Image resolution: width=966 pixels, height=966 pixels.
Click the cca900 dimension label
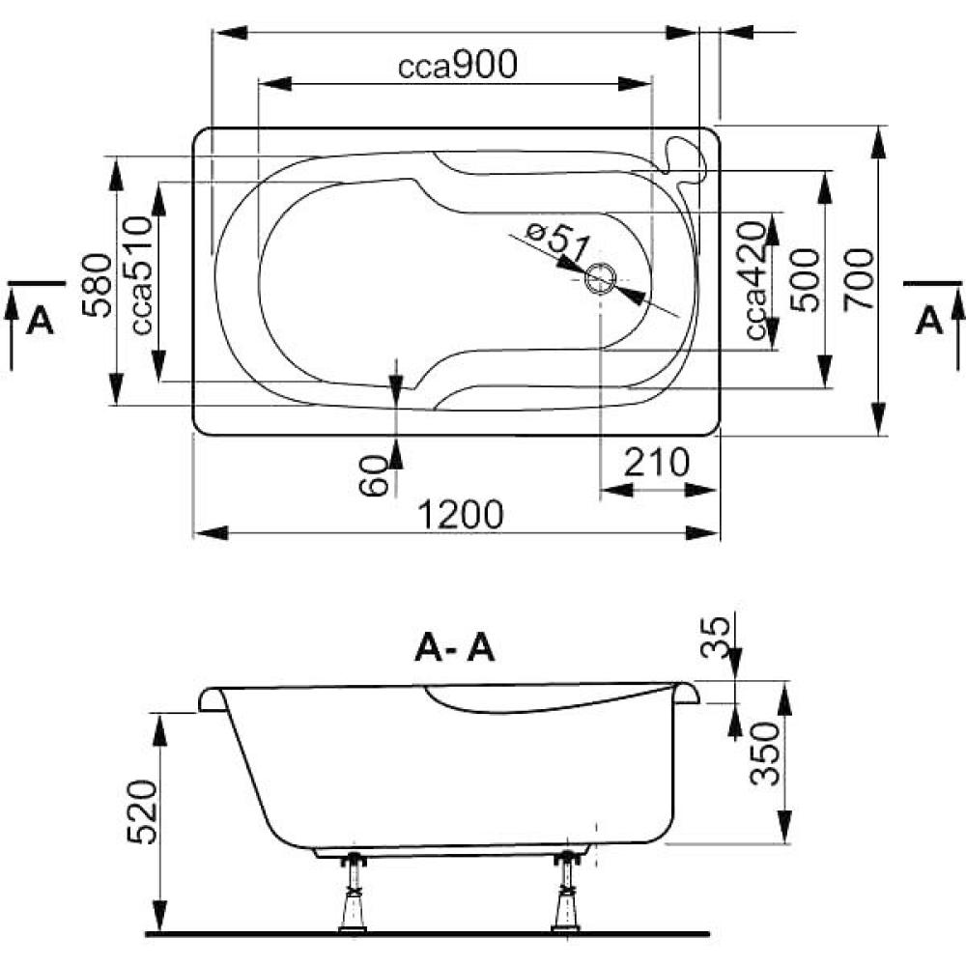coord(457,65)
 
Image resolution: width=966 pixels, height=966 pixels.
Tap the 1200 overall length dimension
coord(461,515)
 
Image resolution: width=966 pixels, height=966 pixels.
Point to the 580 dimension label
coord(98,285)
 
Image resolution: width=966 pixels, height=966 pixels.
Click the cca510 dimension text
coord(141,275)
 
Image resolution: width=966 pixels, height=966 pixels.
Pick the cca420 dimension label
coord(756,281)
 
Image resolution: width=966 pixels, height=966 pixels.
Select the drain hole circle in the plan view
coord(600,279)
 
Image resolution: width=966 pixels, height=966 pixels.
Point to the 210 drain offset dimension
coord(657,463)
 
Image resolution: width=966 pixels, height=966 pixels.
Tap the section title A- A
coord(455,648)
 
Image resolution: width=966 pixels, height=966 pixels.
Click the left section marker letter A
coord(40,321)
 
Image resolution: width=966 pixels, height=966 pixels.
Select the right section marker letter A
coord(929,321)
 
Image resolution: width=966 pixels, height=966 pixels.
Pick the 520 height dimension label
coord(142,812)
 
